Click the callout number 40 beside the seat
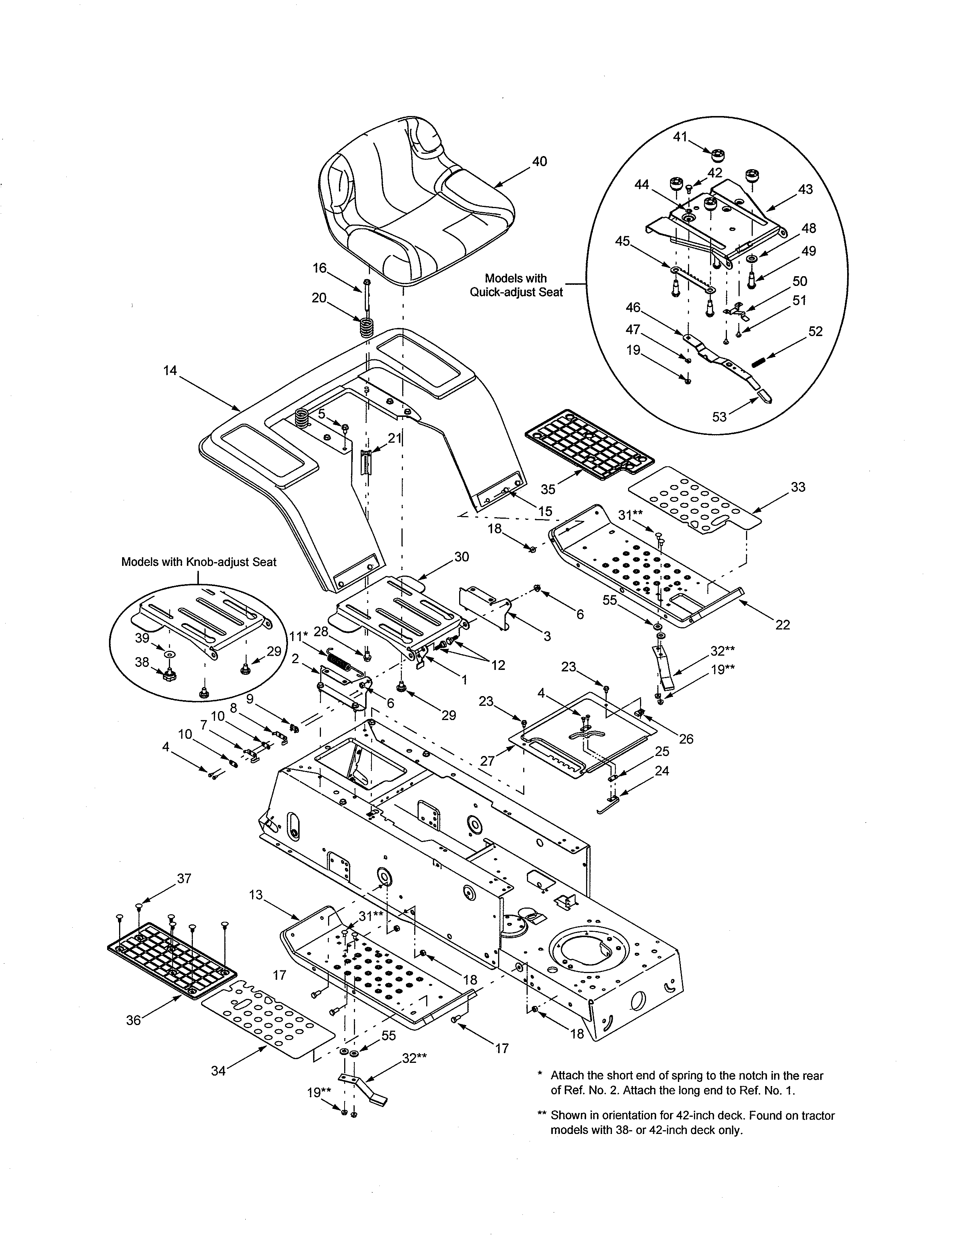[x=539, y=162]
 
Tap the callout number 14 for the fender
[x=170, y=370]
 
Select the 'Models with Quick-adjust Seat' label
[x=516, y=285]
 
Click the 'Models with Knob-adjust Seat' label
[x=199, y=562]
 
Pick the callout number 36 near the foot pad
[x=134, y=1020]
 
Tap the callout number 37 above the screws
[x=184, y=878]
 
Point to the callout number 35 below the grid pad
[x=548, y=488]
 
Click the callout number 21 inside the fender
[x=394, y=438]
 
